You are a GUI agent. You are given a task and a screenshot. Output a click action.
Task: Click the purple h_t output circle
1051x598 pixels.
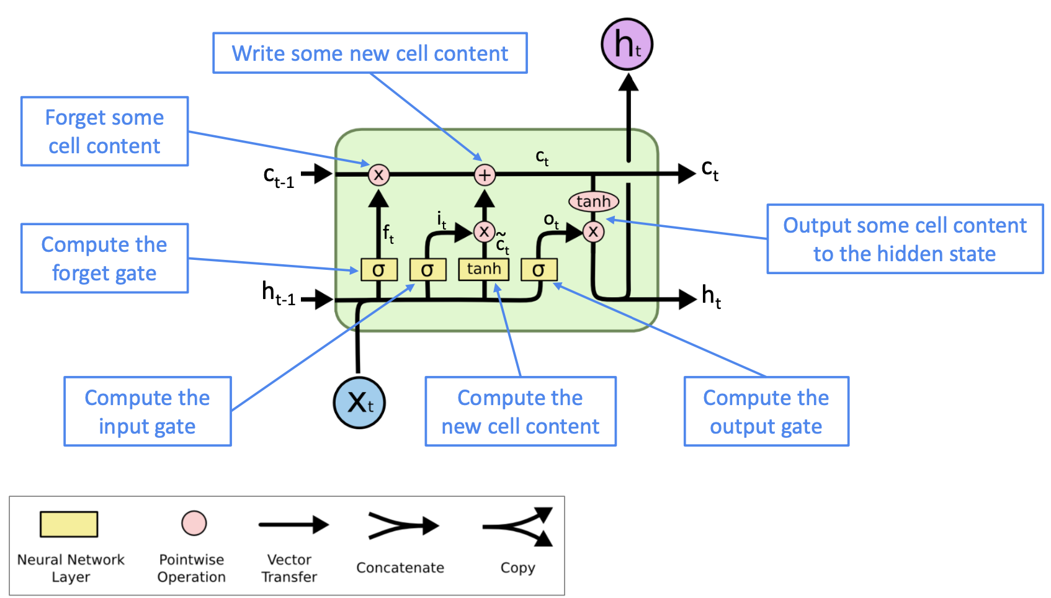pos(627,45)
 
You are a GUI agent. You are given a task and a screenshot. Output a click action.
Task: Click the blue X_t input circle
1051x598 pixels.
pos(359,403)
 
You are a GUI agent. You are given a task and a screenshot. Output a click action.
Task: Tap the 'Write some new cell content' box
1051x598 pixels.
pos(370,53)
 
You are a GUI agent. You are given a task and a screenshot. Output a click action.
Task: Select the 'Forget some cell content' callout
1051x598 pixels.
pos(104,132)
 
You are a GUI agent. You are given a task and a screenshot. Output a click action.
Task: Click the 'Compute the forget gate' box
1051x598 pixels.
pos(104,258)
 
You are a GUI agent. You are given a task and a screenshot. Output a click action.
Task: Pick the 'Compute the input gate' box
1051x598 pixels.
pos(148,411)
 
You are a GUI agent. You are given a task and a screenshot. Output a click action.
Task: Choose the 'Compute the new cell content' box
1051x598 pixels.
pos(521,411)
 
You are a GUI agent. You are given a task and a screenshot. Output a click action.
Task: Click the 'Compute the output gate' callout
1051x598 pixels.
pos(766,411)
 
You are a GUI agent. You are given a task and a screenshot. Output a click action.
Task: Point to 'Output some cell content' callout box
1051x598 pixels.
pos(905,239)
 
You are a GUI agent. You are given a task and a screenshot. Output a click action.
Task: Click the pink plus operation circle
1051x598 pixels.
pos(485,175)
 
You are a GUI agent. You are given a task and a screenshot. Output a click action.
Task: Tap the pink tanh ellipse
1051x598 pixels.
pos(593,201)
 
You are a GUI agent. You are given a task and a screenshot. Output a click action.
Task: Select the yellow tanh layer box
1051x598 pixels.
pos(484,269)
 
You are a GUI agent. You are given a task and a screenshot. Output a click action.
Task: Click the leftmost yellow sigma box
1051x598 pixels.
pos(378,270)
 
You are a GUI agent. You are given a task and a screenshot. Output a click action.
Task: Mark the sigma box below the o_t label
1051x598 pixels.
pos(539,270)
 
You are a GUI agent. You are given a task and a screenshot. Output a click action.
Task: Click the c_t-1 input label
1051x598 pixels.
pos(279,176)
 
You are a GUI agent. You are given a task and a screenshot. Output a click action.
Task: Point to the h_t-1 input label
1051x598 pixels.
pos(278,293)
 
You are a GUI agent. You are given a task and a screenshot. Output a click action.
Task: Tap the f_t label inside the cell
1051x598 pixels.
pos(388,234)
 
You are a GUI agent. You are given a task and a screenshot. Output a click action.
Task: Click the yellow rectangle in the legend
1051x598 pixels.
pos(69,524)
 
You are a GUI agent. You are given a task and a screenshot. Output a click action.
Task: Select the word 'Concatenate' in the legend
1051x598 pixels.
pos(400,568)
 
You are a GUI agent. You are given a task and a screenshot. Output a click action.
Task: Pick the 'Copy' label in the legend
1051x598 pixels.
pos(517,568)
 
